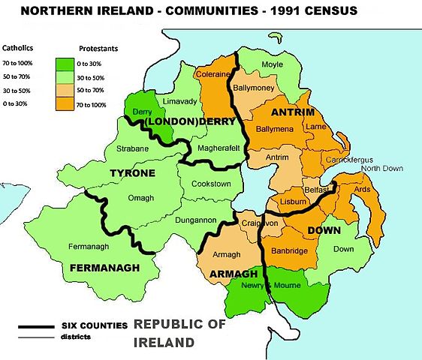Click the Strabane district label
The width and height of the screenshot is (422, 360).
coord(133,148)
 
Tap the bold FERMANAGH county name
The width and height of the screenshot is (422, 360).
coord(104,267)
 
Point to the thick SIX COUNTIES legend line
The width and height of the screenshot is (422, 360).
coord(38,327)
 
